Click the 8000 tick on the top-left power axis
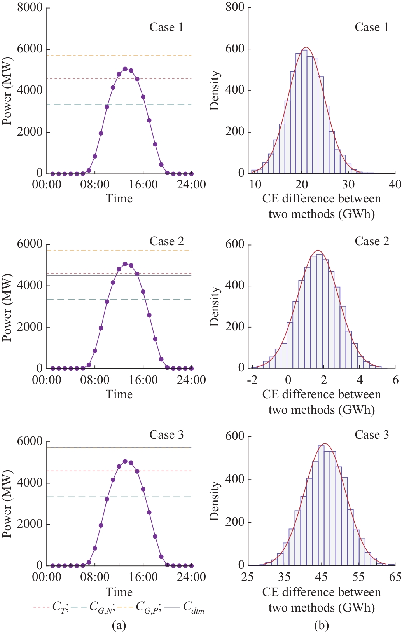[x=30, y=7]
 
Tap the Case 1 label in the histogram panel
[x=371, y=27]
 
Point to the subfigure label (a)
[x=119, y=625]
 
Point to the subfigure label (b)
[x=322, y=625]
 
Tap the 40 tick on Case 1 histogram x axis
[x=395, y=184]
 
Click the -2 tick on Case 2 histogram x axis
[x=252, y=380]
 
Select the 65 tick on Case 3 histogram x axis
[x=395, y=577]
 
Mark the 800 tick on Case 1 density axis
[x=235, y=7]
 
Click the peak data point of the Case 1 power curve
[x=125, y=69]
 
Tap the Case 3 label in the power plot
[x=166, y=434]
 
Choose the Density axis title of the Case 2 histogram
[x=215, y=306]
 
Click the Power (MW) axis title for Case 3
[x=7, y=504]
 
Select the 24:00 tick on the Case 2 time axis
[x=191, y=380]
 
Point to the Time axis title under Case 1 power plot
[x=119, y=199]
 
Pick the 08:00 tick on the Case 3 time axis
[x=95, y=577]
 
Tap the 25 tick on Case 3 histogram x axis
[x=248, y=577]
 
